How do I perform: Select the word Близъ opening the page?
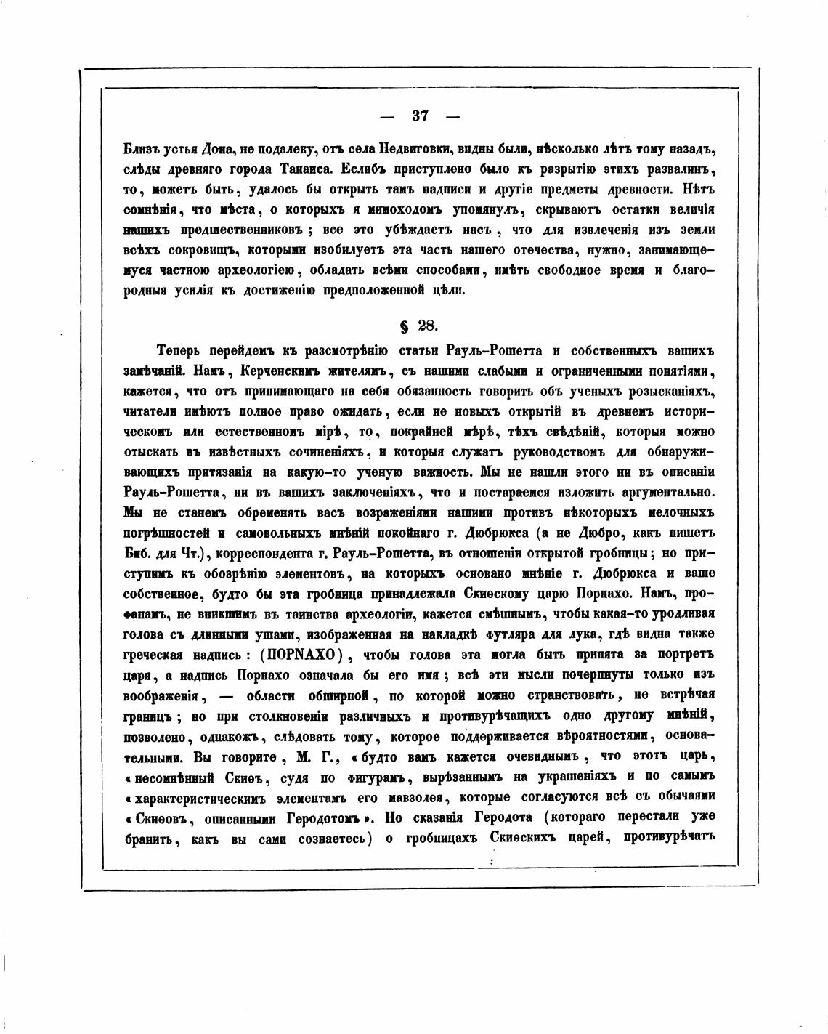142,150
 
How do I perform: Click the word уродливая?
681,613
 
